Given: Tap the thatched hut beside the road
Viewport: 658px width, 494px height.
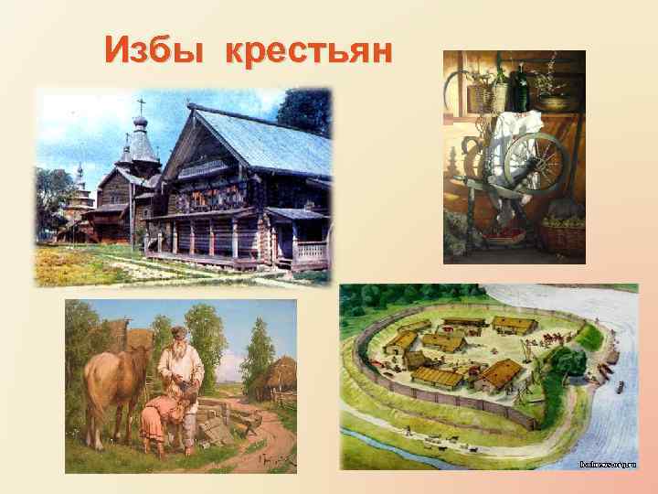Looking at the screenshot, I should pos(273,377).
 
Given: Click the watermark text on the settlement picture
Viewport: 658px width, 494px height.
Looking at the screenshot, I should pos(607,465).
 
